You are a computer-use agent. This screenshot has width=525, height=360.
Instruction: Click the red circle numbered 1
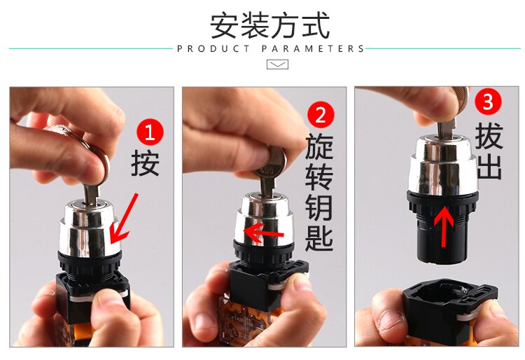(x=150, y=132)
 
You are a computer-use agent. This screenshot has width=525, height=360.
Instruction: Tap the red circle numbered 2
(x=321, y=115)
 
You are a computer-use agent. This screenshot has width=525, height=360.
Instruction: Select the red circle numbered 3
(x=488, y=102)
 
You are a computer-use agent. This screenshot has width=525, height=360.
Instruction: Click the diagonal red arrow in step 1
(x=123, y=219)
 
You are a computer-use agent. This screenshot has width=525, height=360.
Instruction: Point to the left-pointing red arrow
(x=264, y=233)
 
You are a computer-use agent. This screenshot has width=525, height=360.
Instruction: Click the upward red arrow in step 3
(x=444, y=226)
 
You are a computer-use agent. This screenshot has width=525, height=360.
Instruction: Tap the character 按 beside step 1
(x=145, y=162)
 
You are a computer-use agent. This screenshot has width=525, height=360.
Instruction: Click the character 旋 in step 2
(x=319, y=146)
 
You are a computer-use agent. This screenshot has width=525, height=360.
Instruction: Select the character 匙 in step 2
(x=319, y=237)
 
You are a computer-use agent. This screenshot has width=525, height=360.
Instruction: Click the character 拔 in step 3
(x=489, y=136)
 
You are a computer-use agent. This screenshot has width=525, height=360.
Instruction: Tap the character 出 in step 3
(x=489, y=167)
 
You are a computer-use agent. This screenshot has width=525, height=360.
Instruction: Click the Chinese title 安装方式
(x=270, y=25)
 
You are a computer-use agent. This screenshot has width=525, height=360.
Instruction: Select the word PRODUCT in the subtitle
(x=213, y=49)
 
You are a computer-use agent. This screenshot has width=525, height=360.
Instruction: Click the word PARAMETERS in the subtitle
(x=313, y=49)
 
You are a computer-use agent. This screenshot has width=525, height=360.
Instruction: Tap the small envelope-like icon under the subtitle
(x=277, y=64)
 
